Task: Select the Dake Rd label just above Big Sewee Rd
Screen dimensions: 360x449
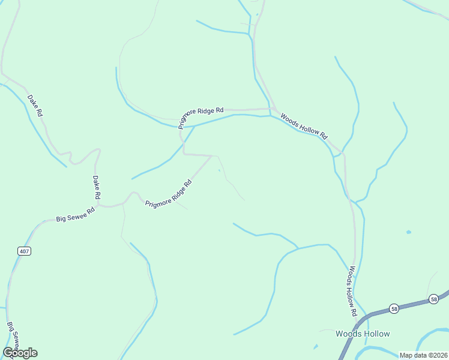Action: pyautogui.click(x=96, y=187)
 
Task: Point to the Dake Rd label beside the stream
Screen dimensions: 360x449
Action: pyautogui.click(x=35, y=105)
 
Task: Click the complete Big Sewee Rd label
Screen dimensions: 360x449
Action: pyautogui.click(x=76, y=215)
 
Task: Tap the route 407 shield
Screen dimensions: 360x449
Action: pyautogui.click(x=24, y=251)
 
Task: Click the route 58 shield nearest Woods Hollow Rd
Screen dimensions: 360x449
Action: pyautogui.click(x=394, y=308)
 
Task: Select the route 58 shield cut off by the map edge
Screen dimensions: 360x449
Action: pyautogui.click(x=433, y=298)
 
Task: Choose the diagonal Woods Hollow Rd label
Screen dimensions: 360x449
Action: pyautogui.click(x=304, y=126)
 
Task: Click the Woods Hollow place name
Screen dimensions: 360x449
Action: pyautogui.click(x=363, y=334)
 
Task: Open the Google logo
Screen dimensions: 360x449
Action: pyautogui.click(x=20, y=353)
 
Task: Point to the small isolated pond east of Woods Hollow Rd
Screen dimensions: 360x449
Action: pyautogui.click(x=409, y=232)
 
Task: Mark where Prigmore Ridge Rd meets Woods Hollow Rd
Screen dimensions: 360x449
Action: pyautogui.click(x=271, y=109)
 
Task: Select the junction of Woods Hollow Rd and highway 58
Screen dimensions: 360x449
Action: pyautogui.click(x=364, y=316)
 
